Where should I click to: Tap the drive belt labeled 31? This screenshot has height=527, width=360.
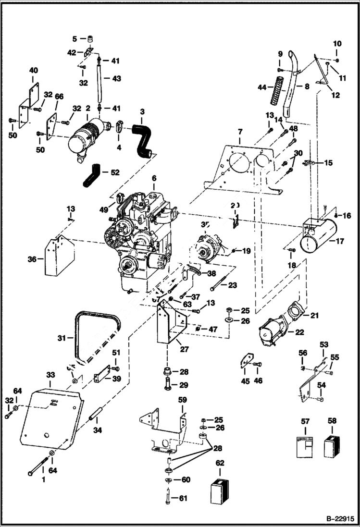[96, 331]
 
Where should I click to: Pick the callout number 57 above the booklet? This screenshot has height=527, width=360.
[304, 421]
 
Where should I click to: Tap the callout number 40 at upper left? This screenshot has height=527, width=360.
[33, 71]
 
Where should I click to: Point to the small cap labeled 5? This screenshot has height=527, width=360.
[89, 38]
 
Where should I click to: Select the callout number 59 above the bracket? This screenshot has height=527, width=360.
[182, 399]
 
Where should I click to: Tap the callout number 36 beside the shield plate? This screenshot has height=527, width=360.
[32, 259]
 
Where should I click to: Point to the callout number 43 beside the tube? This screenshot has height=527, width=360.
[116, 78]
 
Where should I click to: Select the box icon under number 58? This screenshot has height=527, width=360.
[332, 445]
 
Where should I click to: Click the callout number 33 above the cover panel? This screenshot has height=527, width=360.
[50, 374]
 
